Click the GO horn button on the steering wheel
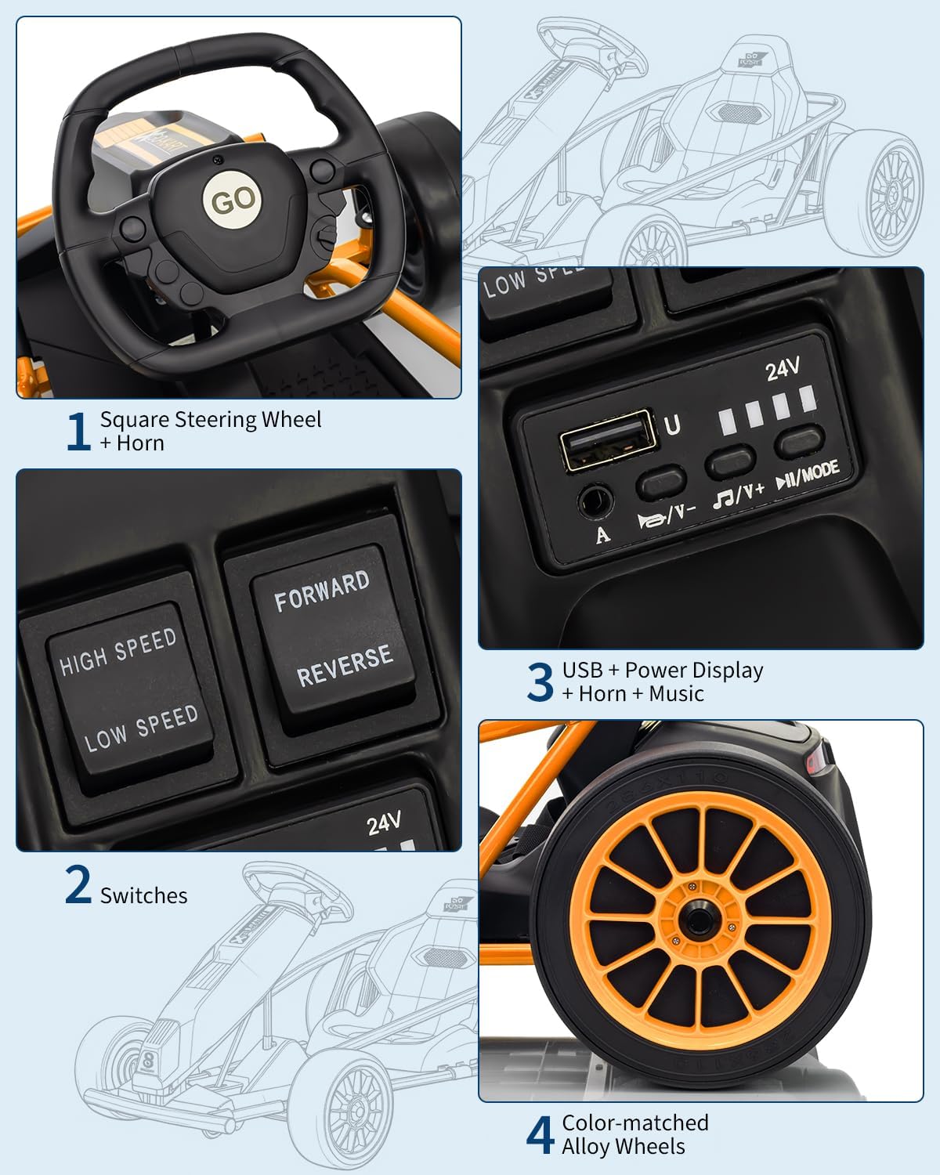pyautogui.click(x=233, y=201)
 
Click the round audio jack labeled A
pyautogui.click(x=595, y=499)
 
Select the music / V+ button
pyautogui.click(x=730, y=462)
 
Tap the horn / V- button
pyautogui.click(x=661, y=482)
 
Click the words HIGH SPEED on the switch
pyautogui.click(x=118, y=651)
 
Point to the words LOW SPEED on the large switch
pyautogui.click(x=141, y=728)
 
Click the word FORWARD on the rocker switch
pyautogui.click(x=321, y=591)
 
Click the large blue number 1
pyautogui.click(x=78, y=432)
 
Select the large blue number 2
pyautogui.click(x=78, y=885)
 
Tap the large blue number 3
pyautogui.click(x=540, y=681)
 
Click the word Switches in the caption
pyautogui.click(x=143, y=895)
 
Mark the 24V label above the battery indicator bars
pyautogui.click(x=782, y=368)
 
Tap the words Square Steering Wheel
pyautogui.click(x=211, y=420)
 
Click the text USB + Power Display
pyautogui.click(x=662, y=671)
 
